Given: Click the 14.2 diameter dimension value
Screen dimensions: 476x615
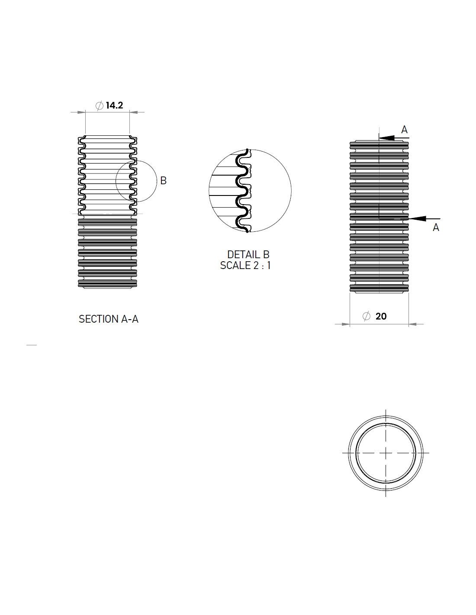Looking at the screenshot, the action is click(x=114, y=105).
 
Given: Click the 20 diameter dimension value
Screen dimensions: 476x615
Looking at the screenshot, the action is click(x=381, y=316).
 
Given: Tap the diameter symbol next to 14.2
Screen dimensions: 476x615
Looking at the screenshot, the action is click(x=100, y=106).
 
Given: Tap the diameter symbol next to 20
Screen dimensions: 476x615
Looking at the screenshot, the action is click(x=366, y=316).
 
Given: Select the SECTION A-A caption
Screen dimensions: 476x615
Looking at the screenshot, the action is click(x=109, y=319).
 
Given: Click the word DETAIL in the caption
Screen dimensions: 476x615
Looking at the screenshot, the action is click(x=244, y=254).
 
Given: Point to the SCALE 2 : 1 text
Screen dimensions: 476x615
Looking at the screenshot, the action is click(x=245, y=265).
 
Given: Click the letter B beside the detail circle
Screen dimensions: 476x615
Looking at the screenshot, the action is click(x=164, y=181).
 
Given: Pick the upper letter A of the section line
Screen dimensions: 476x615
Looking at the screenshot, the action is click(x=404, y=130).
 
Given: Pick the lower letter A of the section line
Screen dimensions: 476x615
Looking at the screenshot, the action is click(x=436, y=227).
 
